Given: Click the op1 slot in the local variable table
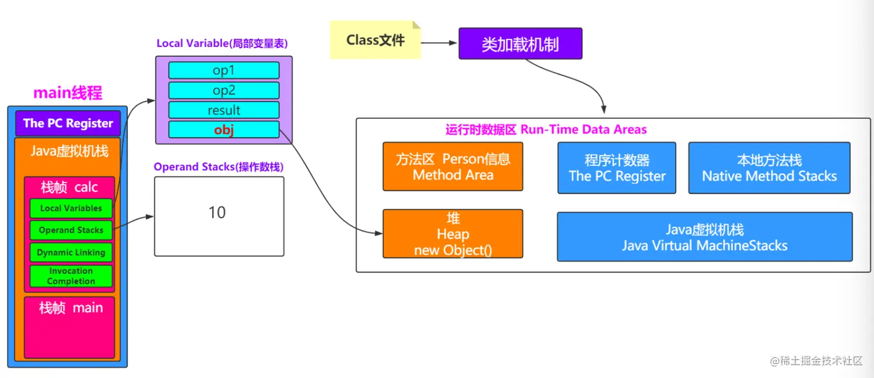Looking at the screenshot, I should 224,70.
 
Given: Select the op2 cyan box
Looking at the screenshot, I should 224,90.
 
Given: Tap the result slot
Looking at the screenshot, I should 224,110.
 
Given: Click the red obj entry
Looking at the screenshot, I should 224,130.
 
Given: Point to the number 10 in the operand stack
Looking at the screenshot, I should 217,213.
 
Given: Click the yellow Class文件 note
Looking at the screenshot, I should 375,40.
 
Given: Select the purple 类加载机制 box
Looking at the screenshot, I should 520,44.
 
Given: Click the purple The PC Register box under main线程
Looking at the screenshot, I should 68,123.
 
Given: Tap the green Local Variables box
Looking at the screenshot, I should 71,208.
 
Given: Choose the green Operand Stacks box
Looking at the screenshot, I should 71,230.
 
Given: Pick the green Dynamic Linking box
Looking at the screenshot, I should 71,252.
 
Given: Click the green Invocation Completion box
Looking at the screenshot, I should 71,276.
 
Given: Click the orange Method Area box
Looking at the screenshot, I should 453,167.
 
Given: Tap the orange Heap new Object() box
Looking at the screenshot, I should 453,234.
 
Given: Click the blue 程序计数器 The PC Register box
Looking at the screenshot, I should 617,168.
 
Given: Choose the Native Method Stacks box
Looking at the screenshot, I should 769,168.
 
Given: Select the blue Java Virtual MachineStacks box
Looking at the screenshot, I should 705,237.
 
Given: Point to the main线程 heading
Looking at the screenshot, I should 68,93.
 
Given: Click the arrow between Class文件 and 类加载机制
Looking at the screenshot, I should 439,42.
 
